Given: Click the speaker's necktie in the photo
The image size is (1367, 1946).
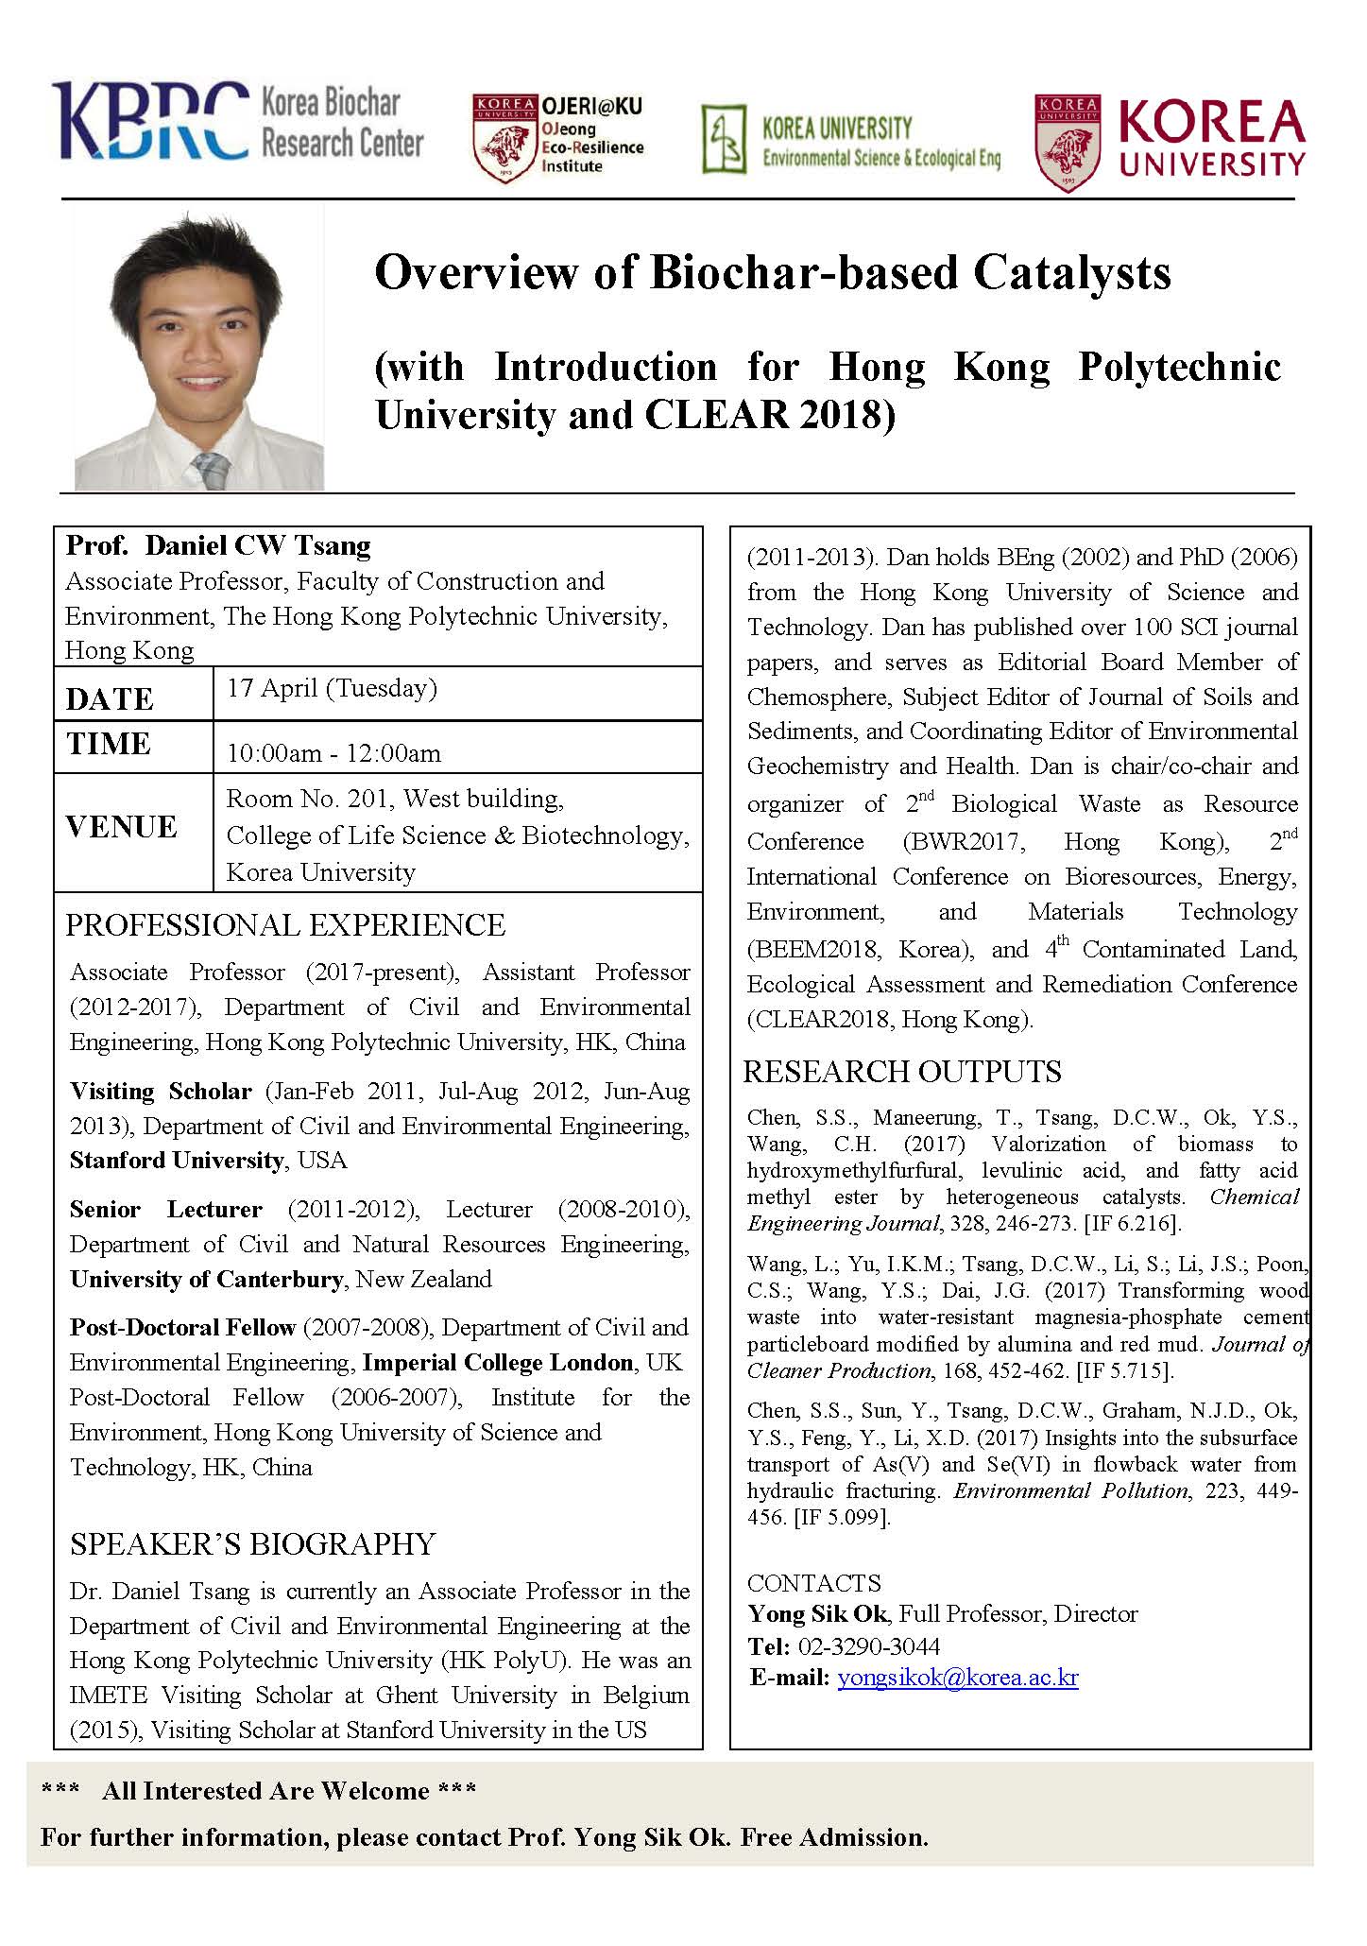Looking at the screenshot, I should pos(210,469).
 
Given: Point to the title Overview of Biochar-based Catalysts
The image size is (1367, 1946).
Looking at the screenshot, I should pos(772,273).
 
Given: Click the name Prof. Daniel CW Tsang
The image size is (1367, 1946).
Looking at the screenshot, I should pos(218,545).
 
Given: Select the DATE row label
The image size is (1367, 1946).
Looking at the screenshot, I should pos(110,699).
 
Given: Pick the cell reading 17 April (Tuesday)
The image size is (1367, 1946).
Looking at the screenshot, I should pos(332,688).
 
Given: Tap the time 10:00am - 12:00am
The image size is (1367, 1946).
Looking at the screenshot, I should pos(333,753).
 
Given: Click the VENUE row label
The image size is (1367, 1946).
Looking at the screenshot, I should pos(122,827).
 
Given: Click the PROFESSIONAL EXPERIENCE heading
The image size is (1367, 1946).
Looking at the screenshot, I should pos(285,924).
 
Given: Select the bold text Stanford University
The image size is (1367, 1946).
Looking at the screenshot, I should pos(177,1160).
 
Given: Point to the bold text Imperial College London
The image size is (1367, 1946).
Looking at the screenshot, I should pos(498,1362).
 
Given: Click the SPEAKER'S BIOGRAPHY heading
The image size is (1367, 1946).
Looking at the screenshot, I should pos(252,1543).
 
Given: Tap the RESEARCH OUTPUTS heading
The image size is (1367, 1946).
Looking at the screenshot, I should pos(902,1071).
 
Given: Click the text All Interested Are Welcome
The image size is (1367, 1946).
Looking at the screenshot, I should pos(265,1791).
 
